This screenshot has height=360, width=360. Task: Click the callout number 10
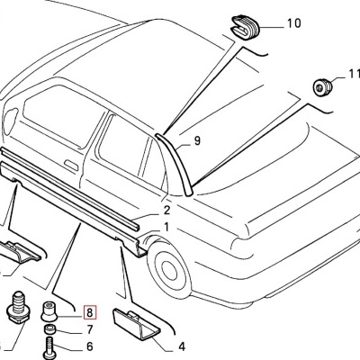pyautogui.click(x=293, y=25)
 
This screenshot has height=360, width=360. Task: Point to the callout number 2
pyautogui.click(x=167, y=211)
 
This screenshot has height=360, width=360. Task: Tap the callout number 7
pyautogui.click(x=89, y=330)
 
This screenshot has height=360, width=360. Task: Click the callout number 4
pyautogui.click(x=181, y=344)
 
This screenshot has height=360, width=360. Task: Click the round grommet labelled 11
pyautogui.click(x=319, y=87)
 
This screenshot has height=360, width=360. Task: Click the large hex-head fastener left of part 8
pyautogui.click(x=15, y=308)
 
